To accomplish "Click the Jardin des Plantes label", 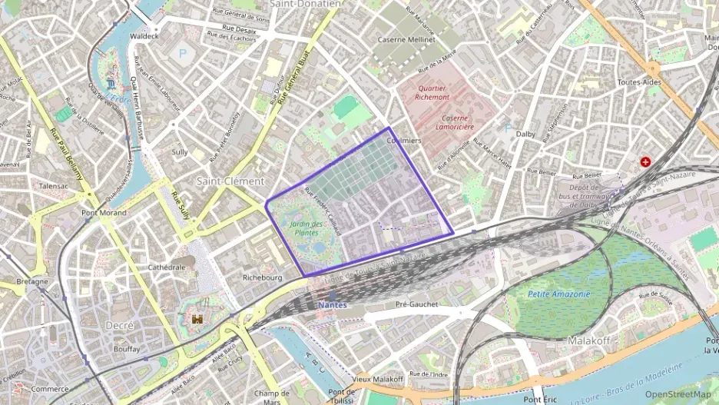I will [x=305, y=227].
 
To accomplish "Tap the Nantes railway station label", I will [x=332, y=305].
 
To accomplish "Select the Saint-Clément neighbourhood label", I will [x=230, y=181].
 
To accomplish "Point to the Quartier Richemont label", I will [x=432, y=93].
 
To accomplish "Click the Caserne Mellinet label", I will [x=406, y=39].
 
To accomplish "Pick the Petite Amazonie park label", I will [x=559, y=294].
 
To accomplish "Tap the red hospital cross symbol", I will [x=645, y=162].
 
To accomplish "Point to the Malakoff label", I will [x=588, y=340].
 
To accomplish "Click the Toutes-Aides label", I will [x=638, y=81].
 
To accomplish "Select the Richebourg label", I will [x=263, y=277].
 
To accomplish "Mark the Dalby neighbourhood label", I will [x=525, y=134].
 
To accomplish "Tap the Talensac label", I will [x=53, y=186].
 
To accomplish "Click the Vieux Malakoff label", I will [x=377, y=379].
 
